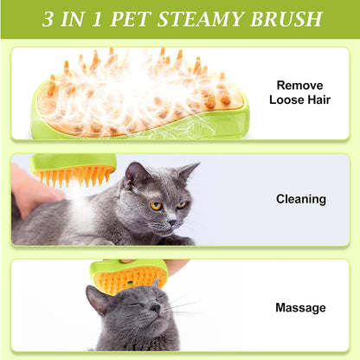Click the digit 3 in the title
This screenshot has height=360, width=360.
point(48,18)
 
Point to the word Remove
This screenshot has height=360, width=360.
point(300,86)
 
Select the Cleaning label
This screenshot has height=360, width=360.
point(300,199)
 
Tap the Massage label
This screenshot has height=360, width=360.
point(300,307)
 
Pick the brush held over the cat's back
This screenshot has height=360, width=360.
point(73,168)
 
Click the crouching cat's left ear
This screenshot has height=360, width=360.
point(134,174)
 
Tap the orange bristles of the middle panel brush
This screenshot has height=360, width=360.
point(73,177)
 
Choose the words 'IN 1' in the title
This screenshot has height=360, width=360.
point(87,18)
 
